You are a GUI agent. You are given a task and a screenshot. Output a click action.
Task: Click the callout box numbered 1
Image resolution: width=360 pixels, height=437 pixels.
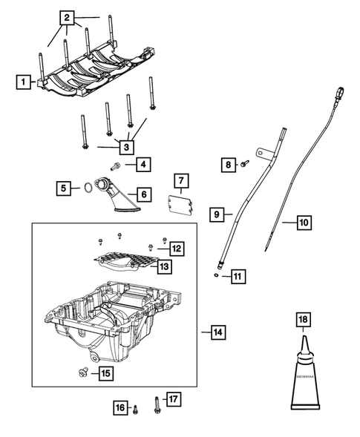coord(24,82)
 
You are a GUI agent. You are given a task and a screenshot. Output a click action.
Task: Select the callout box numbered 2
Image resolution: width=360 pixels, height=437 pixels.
coord(68,16)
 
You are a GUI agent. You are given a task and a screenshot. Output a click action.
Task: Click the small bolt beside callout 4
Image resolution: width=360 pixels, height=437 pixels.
coord(117,166)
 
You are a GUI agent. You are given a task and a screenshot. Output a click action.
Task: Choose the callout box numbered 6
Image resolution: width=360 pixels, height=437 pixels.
coord(143,194)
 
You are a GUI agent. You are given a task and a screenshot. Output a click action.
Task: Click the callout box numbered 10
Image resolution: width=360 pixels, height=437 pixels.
coord(304,221)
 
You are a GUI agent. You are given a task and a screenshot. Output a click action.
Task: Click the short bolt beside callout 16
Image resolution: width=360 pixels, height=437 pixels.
coord(137,407)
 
